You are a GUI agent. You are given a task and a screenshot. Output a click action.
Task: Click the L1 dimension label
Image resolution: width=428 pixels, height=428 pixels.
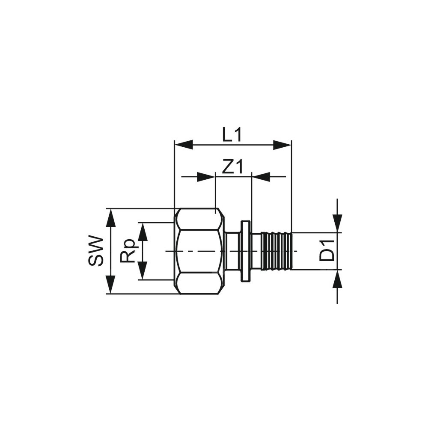point(232,135)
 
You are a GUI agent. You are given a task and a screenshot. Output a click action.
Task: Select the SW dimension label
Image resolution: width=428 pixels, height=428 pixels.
point(96,251)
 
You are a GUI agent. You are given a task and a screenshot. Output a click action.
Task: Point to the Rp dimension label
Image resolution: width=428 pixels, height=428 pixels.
point(127,251)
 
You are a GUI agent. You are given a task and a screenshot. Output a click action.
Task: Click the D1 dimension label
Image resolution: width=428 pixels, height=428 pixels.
point(327,250)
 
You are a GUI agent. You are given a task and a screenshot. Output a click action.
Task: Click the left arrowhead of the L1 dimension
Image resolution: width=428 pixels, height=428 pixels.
point(184,145)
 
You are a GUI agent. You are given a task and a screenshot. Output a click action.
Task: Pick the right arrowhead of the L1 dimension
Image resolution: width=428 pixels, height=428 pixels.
point(282,145)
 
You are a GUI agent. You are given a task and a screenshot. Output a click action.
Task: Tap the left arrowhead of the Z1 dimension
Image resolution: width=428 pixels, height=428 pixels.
point(206,177)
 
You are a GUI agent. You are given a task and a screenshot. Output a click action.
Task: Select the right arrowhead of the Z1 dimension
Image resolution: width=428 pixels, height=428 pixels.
point(261,177)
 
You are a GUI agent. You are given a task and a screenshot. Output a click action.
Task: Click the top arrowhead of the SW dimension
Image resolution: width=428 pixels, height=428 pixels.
point(110,218)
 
